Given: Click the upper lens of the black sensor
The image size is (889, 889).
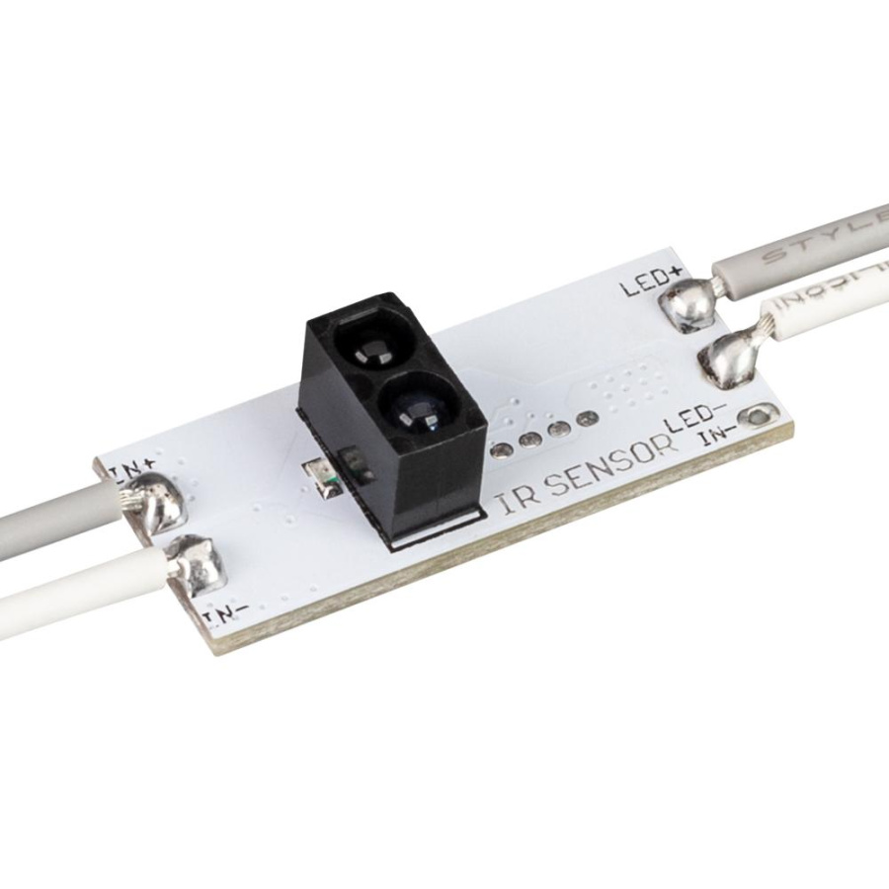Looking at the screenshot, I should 361,346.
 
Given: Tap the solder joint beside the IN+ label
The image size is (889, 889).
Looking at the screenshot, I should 157,502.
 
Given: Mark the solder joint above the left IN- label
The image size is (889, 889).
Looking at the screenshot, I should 198,561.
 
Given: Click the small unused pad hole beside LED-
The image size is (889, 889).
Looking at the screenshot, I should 757,418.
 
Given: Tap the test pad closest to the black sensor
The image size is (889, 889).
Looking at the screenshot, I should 502,451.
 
